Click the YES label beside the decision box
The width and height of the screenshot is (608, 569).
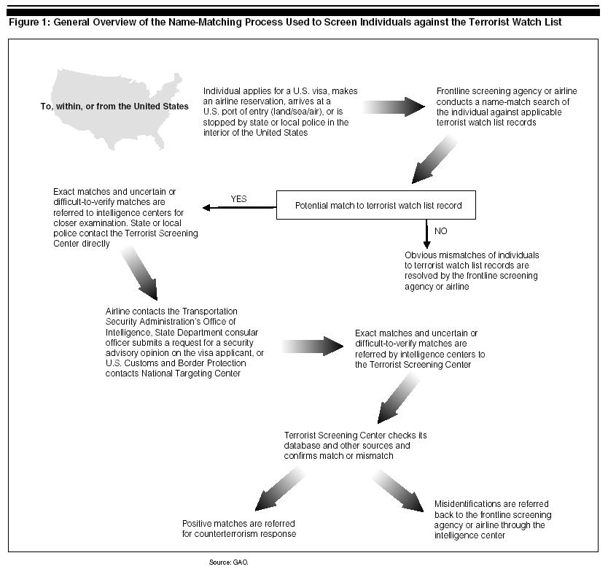click(x=239, y=198)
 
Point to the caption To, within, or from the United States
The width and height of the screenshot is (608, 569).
click(x=114, y=107)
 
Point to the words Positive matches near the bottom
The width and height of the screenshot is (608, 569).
click(x=214, y=524)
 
